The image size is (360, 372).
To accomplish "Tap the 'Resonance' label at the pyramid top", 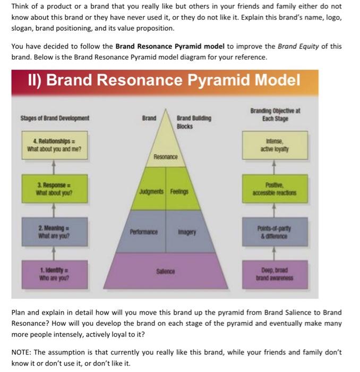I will [165, 157].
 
